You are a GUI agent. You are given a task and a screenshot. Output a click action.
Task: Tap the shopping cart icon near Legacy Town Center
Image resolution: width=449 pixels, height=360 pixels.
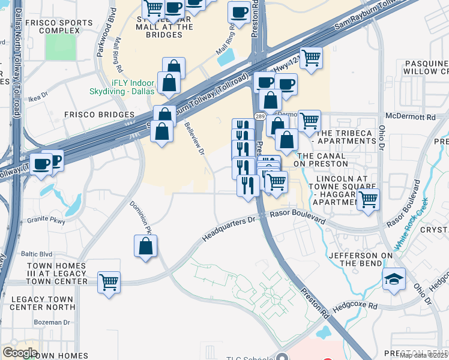(x=109, y=281)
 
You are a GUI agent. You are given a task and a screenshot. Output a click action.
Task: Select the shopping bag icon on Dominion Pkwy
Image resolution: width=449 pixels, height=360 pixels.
(x=145, y=246)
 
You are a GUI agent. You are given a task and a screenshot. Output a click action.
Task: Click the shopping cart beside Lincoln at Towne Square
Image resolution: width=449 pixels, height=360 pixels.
(x=368, y=199)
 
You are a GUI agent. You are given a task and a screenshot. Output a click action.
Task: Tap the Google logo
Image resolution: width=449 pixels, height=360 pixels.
(x=20, y=352)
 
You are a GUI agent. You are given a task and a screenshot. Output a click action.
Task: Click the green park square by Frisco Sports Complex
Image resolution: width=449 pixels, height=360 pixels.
(x=61, y=49)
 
